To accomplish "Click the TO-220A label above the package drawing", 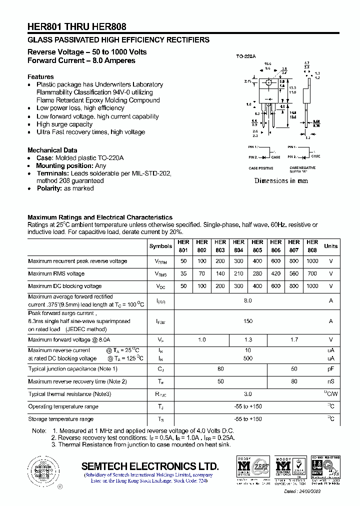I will [246, 56].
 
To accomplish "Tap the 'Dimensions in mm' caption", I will [281, 180].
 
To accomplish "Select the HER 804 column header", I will [238, 246].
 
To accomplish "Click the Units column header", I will [331, 246].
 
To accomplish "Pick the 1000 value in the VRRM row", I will [312, 261].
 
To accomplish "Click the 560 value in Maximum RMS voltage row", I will [294, 273].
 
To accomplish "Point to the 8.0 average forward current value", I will [248, 300].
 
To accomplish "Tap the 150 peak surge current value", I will [248, 321].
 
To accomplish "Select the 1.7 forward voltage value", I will [294, 339].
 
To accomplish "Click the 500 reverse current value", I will [248, 358].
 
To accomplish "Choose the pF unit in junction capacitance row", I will [331, 368].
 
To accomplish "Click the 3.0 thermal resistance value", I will [248, 394].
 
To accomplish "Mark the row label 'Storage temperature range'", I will [61, 419].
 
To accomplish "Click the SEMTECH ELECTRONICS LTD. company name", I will [150, 466].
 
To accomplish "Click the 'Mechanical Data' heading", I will [52, 150].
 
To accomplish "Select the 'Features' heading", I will [40, 76].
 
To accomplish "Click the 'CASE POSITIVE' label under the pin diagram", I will [261, 168].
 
